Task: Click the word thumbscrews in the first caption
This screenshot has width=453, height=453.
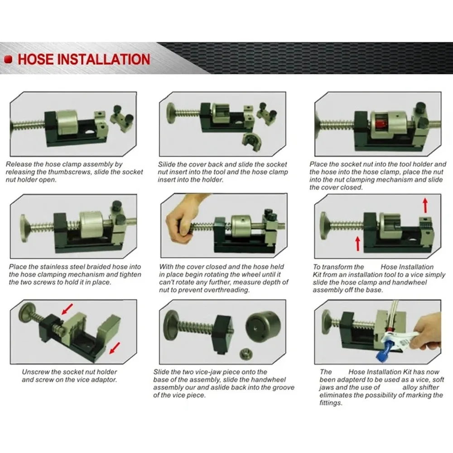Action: pos(102,172)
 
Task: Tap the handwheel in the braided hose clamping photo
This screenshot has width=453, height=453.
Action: pos(27,224)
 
